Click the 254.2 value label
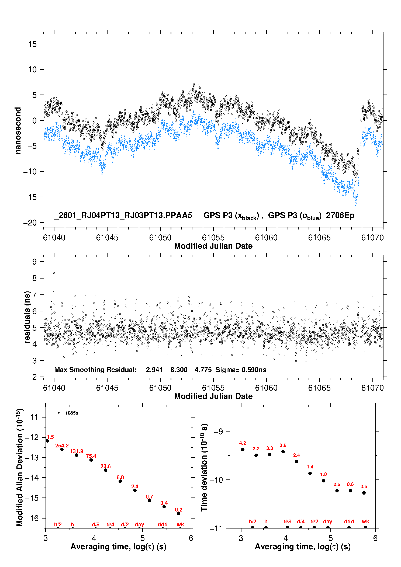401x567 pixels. [x=62, y=446]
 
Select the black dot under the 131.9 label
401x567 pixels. [x=77, y=455]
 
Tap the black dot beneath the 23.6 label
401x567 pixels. [x=106, y=470]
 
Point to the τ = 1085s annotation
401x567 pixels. [x=68, y=413]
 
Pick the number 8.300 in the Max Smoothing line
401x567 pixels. [x=179, y=370]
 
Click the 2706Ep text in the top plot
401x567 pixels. [x=340, y=215]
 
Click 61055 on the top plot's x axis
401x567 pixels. [x=213, y=238]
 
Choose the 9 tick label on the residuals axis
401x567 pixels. [x=34, y=262]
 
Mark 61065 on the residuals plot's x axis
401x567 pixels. [x=319, y=388]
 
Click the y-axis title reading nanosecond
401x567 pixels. [x=18, y=131]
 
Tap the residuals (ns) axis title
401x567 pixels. [x=27, y=317]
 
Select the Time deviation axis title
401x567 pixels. [x=204, y=468]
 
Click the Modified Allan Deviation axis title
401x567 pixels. [x=20, y=468]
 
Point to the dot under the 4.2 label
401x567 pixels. [x=243, y=449]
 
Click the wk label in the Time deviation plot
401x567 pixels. [x=365, y=521]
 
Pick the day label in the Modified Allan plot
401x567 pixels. [x=139, y=524]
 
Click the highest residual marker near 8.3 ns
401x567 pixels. [x=54, y=273]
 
